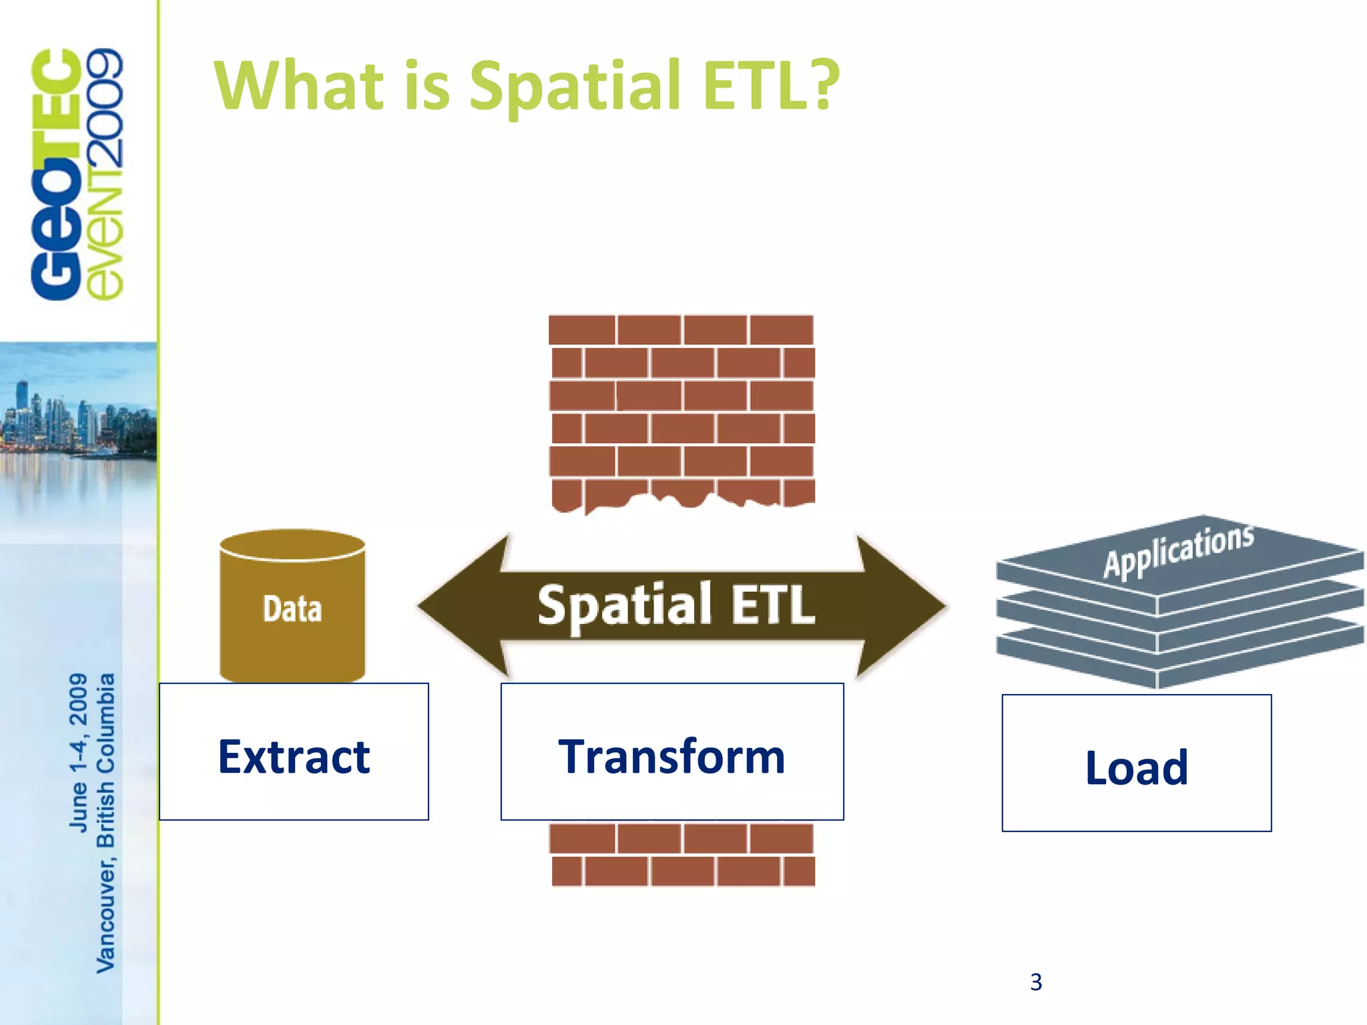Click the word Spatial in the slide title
point(574,87)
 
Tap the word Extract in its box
point(294,757)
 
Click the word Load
point(1136,767)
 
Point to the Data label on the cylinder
point(292,609)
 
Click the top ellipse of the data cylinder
point(292,544)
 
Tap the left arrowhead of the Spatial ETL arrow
point(461,606)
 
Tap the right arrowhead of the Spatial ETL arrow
point(901,606)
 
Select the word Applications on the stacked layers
point(1178,551)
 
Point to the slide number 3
point(1035,982)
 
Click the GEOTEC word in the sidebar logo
point(57,174)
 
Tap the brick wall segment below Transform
point(681,854)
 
